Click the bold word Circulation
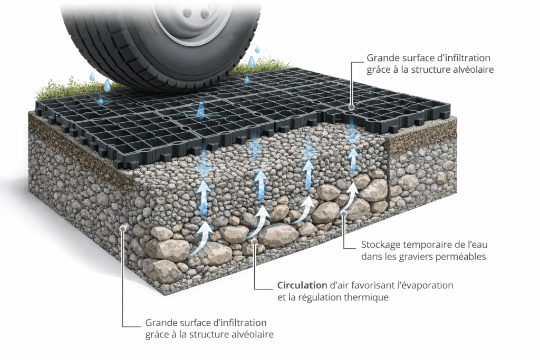tap(302, 285)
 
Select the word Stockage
tap(380, 245)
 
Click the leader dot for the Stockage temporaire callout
tap(343, 213)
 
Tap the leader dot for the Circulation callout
tap(254, 241)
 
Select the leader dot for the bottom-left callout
tap(123, 227)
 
